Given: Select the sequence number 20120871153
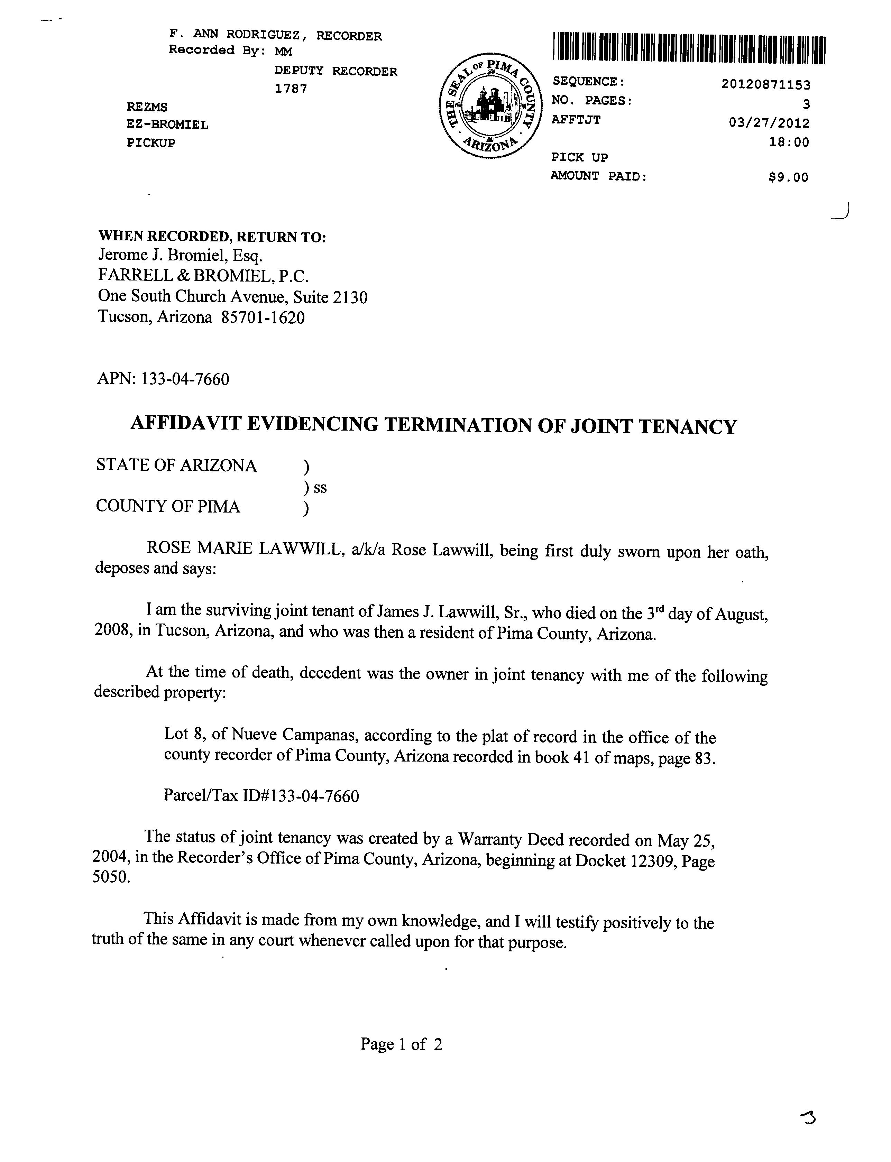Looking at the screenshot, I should [765, 84].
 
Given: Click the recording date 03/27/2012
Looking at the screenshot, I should [769, 123].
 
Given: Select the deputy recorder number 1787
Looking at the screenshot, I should [291, 89].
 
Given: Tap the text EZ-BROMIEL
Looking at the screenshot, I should [168, 125].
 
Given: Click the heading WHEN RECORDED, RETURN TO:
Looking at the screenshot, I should [212, 237].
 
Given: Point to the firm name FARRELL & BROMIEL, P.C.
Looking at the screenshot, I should [203, 276].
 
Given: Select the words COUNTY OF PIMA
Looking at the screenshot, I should [168, 507].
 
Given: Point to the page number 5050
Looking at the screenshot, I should [110, 877].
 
